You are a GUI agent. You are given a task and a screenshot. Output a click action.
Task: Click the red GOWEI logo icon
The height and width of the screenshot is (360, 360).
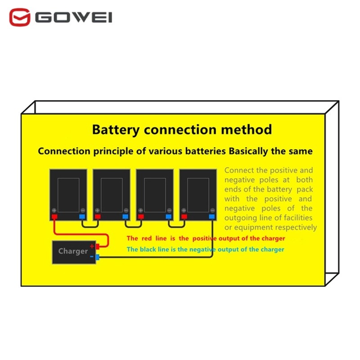tap(20, 17)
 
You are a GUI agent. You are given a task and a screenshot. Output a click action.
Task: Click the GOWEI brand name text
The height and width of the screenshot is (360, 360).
tap(74, 18)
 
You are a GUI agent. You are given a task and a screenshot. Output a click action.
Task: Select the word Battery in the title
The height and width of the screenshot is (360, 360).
tap(116, 130)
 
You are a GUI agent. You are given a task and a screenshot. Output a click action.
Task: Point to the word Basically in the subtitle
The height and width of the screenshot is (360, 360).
tap(248, 151)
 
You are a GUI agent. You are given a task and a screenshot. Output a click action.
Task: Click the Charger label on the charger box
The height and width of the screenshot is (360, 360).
tap(73, 251)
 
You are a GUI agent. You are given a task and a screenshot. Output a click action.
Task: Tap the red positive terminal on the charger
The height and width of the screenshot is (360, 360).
tap(97, 247)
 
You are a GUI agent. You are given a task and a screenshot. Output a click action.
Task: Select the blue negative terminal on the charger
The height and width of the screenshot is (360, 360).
tap(97, 257)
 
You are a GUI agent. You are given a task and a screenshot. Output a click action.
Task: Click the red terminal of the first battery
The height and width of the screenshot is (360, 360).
tap(54, 216)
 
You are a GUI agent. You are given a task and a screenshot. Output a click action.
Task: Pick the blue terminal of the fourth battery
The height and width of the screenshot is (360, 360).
tap(211, 216)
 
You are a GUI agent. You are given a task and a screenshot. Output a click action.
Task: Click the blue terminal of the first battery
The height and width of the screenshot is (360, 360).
tap(82, 216)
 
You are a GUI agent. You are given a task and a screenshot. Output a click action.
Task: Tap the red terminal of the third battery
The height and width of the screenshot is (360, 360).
tap(141, 216)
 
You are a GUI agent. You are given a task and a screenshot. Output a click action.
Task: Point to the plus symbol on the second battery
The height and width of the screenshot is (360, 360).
tap(97, 210)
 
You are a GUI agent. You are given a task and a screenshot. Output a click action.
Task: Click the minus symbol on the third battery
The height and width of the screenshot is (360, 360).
tap(169, 210)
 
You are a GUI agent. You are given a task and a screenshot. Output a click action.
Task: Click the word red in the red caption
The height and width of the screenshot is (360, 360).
tap(147, 238)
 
